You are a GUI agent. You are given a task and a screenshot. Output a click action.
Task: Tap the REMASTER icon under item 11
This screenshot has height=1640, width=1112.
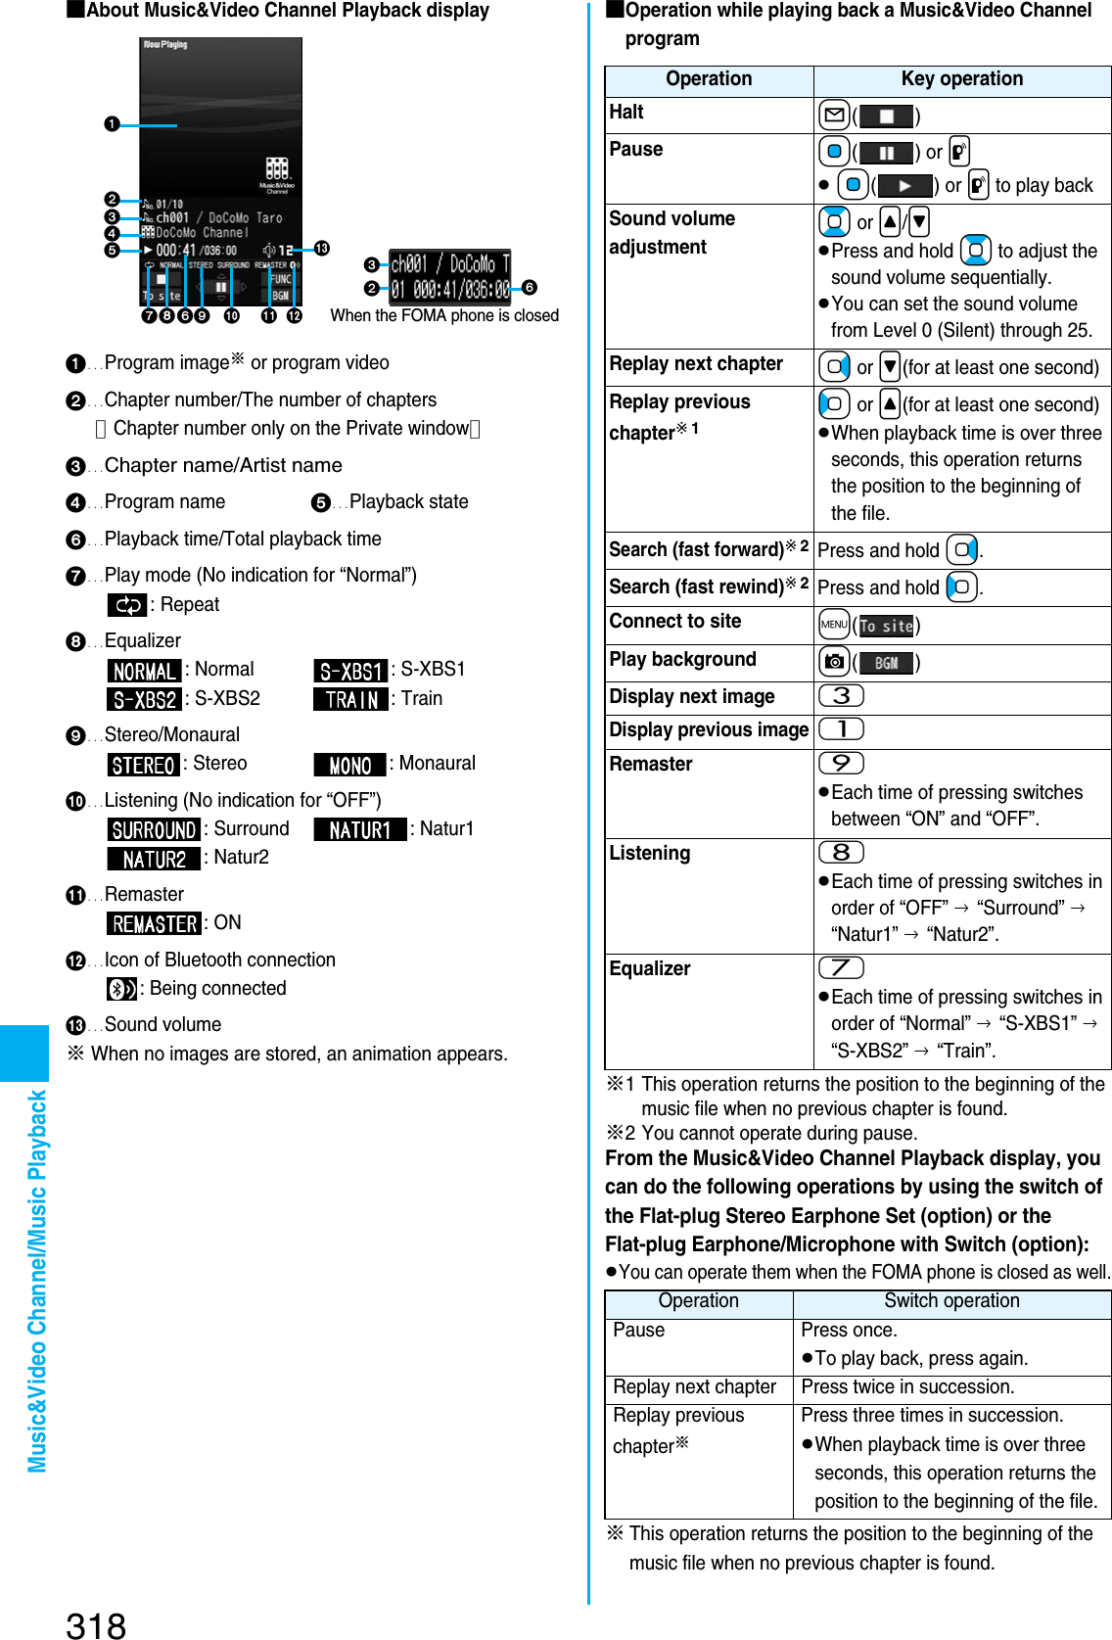click(x=154, y=923)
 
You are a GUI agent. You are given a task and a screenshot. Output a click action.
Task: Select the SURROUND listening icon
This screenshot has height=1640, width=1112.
click(x=154, y=829)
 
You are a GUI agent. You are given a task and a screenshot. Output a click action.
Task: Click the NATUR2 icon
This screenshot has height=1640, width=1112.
click(x=154, y=859)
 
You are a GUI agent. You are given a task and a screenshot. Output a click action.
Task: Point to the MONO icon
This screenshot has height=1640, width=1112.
click(x=349, y=765)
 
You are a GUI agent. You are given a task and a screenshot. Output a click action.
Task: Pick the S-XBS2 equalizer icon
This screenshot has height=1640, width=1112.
click(x=144, y=699)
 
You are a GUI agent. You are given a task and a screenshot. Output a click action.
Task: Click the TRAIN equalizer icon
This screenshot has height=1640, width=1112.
click(x=350, y=699)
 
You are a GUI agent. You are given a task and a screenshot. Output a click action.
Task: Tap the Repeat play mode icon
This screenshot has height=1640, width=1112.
click(x=127, y=605)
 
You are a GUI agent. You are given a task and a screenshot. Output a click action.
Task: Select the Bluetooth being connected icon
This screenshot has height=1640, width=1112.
click(x=121, y=989)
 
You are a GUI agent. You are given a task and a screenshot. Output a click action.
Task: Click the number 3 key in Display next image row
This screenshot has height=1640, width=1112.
click(x=841, y=696)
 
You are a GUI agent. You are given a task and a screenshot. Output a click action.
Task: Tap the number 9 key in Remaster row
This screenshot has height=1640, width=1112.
click(x=841, y=763)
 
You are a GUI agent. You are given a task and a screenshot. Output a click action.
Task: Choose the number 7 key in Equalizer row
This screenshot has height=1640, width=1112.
click(x=841, y=968)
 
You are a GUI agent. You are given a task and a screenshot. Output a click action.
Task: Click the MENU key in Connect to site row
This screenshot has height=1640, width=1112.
click(x=834, y=625)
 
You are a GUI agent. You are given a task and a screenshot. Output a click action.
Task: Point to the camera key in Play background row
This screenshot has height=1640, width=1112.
click(x=834, y=662)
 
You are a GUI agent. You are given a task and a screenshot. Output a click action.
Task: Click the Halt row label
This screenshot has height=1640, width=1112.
click(x=626, y=113)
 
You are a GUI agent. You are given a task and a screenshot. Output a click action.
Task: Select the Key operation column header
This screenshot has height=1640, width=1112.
click(x=961, y=79)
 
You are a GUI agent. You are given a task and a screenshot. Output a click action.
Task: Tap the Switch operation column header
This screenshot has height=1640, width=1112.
click(x=951, y=1301)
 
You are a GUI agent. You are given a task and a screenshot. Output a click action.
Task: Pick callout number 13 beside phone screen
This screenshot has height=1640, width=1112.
click(x=321, y=249)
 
